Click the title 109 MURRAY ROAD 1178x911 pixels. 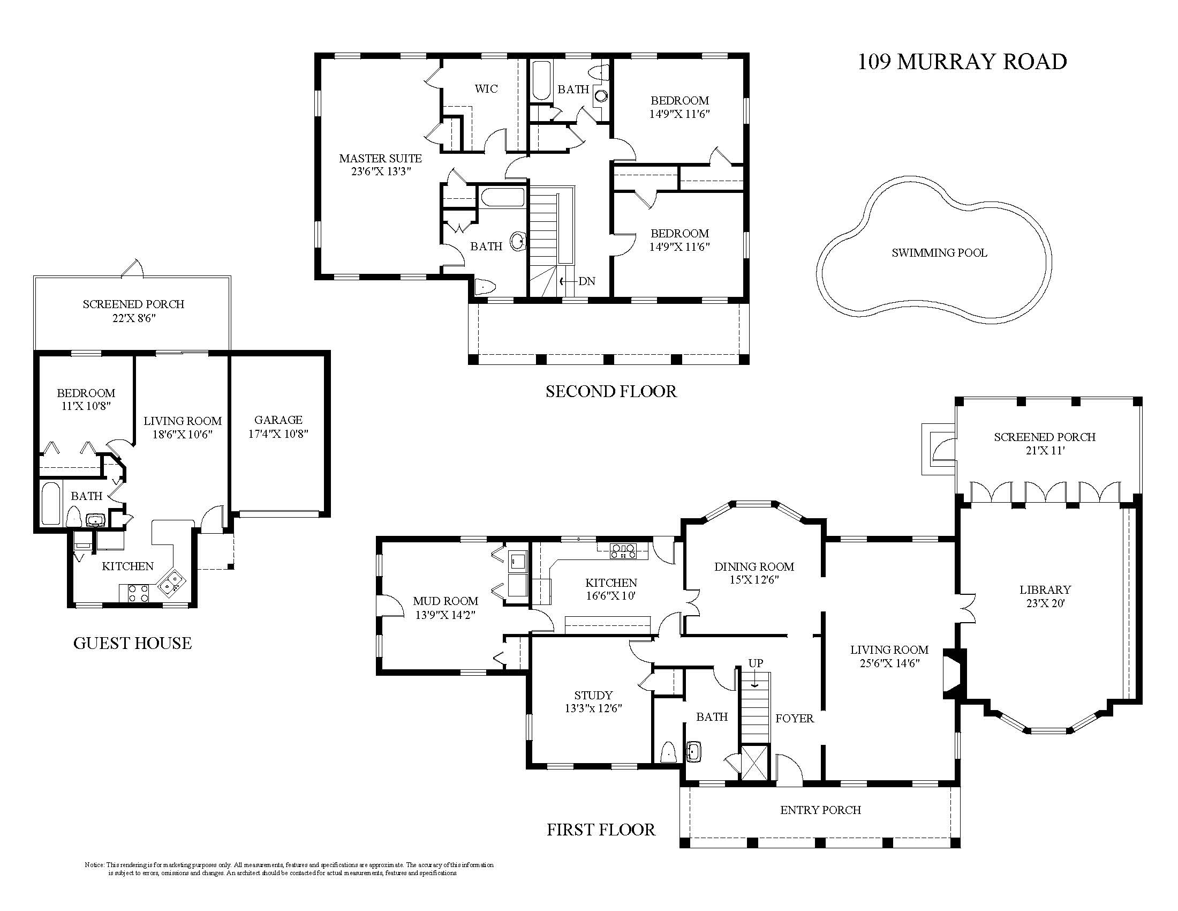coord(962,62)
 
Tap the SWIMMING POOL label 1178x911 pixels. coord(939,252)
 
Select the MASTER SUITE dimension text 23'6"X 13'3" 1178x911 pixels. coord(380,171)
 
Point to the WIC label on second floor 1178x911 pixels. coord(486,88)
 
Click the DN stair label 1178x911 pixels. coord(586,281)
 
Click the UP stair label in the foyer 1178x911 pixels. coord(755,663)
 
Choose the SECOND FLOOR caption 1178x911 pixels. coord(610,391)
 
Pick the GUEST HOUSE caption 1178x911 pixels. coord(132,643)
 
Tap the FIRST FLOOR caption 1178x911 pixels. coord(601,830)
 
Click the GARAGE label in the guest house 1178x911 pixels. coord(278,420)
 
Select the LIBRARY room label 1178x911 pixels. coord(1045,590)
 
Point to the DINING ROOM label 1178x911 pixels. coord(754,566)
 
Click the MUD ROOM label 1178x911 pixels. coord(445,601)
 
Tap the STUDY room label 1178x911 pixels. coord(593,695)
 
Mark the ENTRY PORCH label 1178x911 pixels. coord(820,810)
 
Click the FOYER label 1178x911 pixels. coord(795,718)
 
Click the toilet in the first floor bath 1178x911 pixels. coord(669,752)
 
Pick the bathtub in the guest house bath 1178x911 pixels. coord(50,504)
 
